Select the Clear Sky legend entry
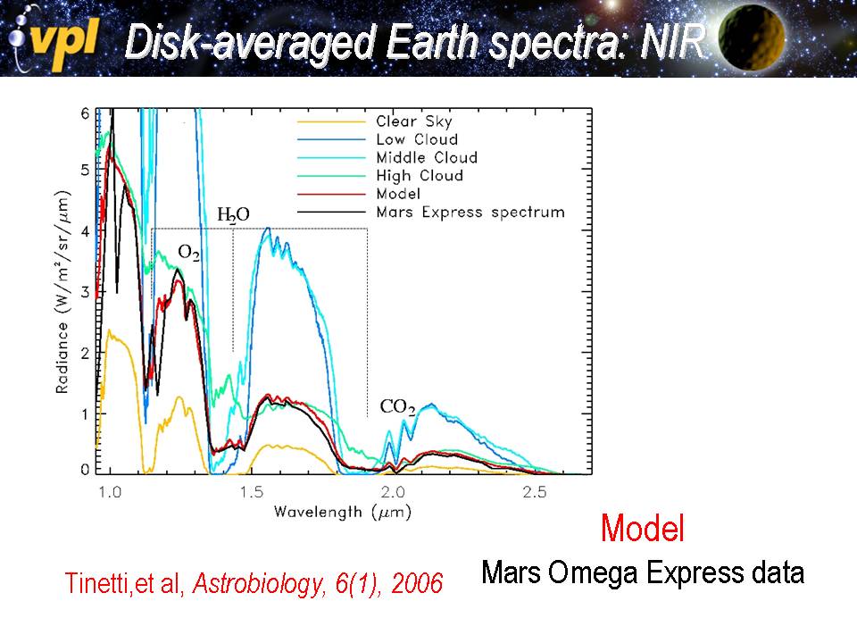click(x=413, y=121)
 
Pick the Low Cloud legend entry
click(x=417, y=139)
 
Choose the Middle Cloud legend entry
click(x=426, y=157)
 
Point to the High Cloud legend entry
click(x=419, y=176)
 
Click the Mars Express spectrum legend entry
click(x=470, y=212)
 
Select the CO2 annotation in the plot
click(x=397, y=407)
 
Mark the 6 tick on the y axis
click(x=86, y=114)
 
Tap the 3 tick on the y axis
click(x=86, y=292)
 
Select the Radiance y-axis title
click(x=62, y=292)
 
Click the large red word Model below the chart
click(x=643, y=528)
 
